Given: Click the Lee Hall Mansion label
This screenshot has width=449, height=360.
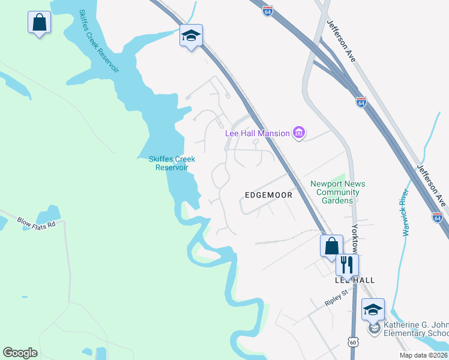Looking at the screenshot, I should [x=258, y=133].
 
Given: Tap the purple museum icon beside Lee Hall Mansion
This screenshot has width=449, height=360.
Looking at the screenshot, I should [x=299, y=133].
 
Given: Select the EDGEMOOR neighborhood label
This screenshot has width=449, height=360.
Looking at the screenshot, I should [x=268, y=195].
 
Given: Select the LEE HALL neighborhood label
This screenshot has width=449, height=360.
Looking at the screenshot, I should [x=355, y=280].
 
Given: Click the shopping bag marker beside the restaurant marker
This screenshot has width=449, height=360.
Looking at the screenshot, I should [x=331, y=246].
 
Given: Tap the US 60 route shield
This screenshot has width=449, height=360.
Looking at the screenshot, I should [x=352, y=341].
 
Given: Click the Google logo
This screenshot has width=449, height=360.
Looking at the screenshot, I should [x=20, y=353].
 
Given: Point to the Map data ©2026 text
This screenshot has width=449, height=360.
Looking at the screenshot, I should [x=424, y=355].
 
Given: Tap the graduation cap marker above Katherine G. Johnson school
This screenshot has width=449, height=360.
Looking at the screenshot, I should [x=373, y=310].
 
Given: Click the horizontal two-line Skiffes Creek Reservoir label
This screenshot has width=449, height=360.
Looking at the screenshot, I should [x=172, y=163].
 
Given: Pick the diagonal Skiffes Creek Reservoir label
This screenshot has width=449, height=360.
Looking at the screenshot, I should [x=99, y=41].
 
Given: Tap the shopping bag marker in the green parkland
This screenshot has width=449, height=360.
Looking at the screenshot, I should [x=39, y=23].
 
